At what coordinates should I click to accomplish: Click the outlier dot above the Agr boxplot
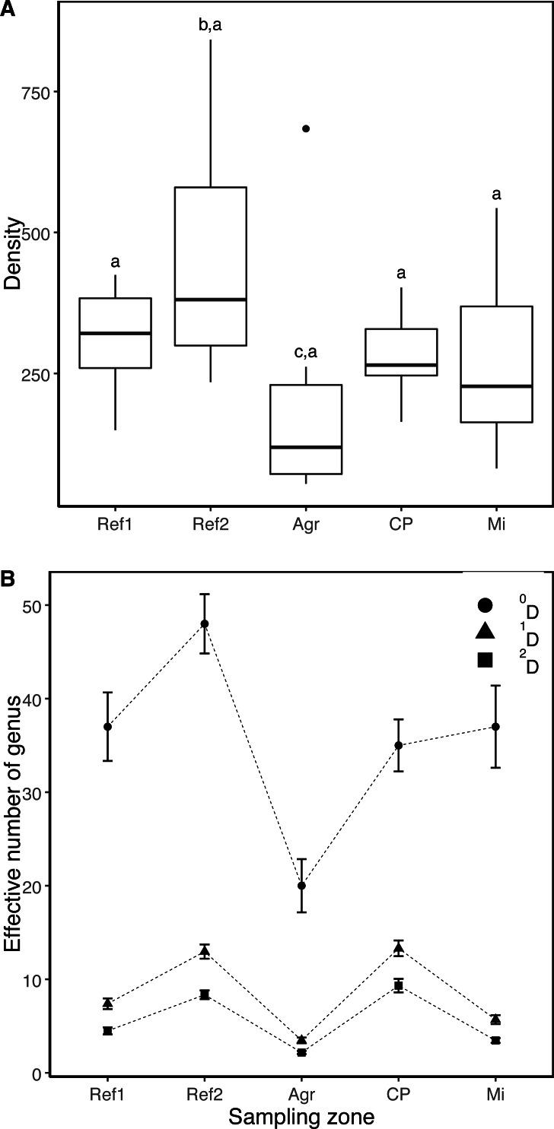point(306,128)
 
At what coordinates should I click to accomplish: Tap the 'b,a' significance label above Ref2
point(210,25)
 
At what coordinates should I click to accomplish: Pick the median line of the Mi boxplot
point(496,386)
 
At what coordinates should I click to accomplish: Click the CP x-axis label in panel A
point(401,526)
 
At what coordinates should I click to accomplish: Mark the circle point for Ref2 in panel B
point(204,624)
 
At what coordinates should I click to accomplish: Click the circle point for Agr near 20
point(302,886)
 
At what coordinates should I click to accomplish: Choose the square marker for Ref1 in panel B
point(108,1031)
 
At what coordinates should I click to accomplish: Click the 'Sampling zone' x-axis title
point(301,1116)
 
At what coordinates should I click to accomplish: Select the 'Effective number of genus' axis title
point(13,827)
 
